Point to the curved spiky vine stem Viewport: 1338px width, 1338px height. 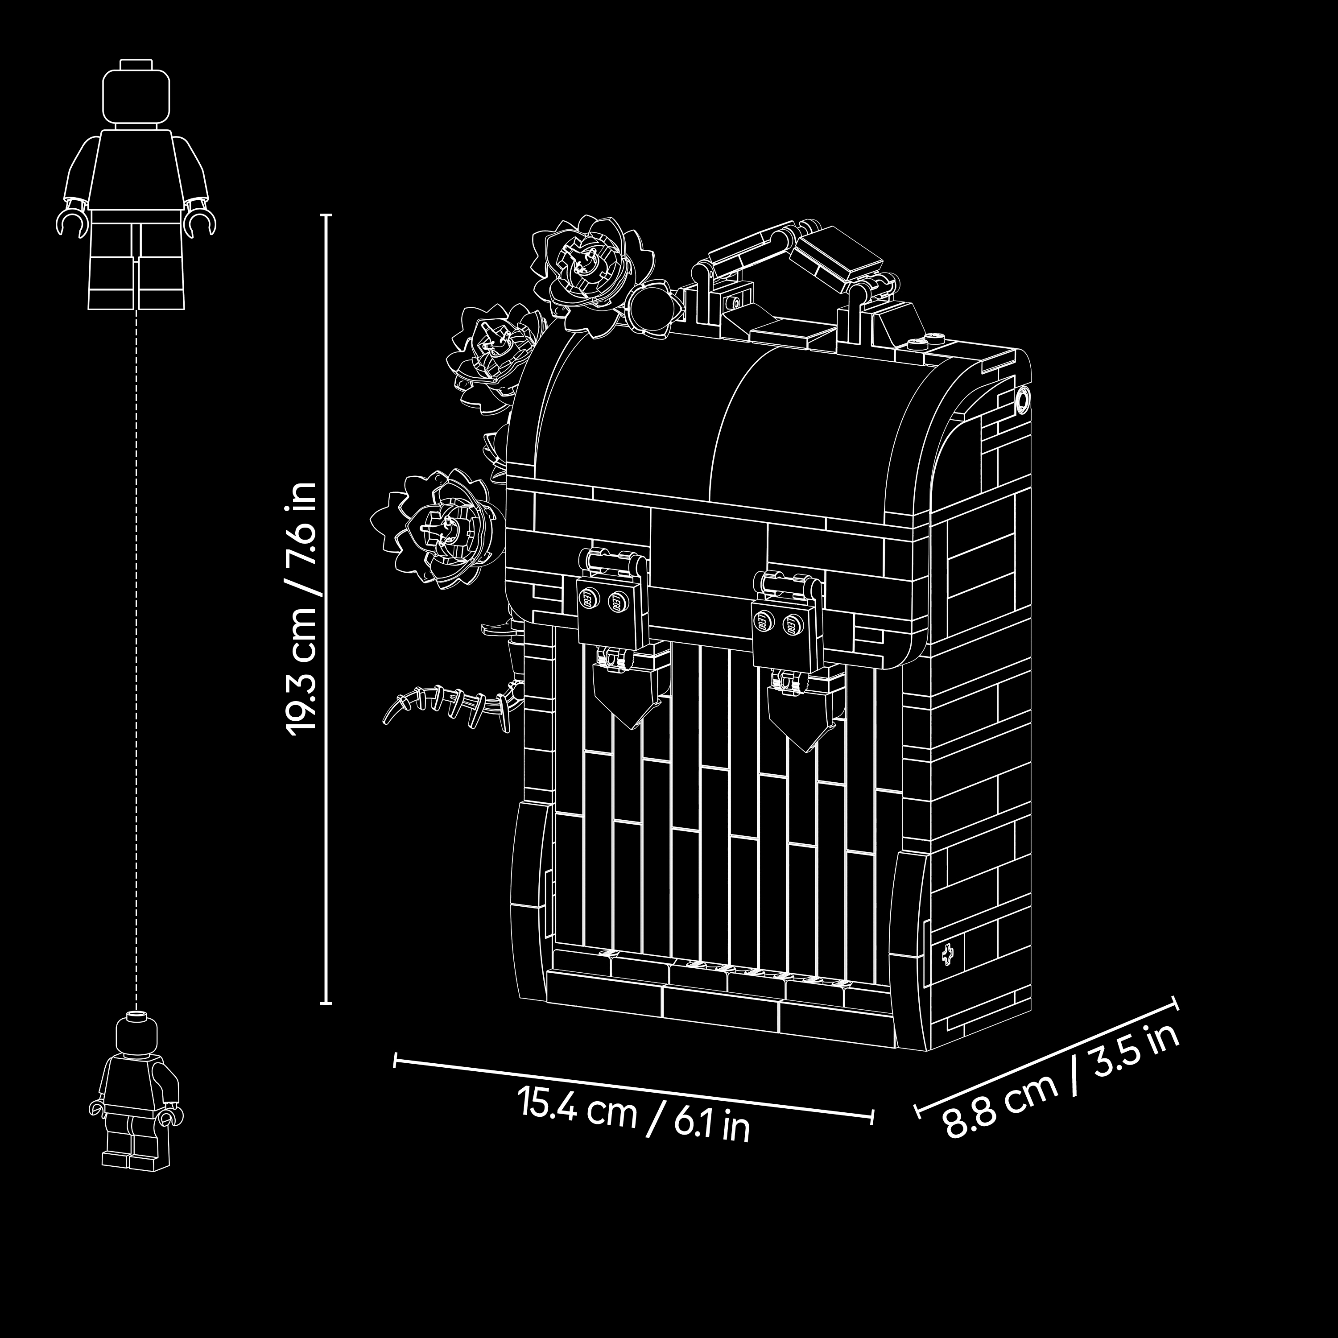(450, 706)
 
